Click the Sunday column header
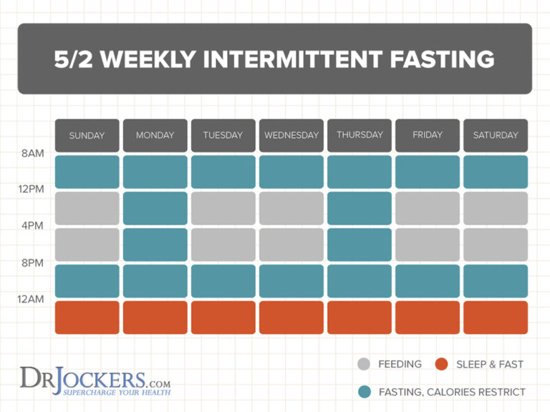click(x=87, y=136)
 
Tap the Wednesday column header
click(x=291, y=136)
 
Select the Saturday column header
click(x=496, y=136)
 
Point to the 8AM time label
click(x=33, y=154)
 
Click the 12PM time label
click(x=32, y=189)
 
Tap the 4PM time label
click(x=32, y=225)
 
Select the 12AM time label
click(x=31, y=299)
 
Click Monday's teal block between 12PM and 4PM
click(x=155, y=208)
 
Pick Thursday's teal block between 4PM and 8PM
click(x=360, y=245)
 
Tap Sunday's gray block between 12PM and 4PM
click(x=87, y=208)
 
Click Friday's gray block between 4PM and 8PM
click(x=428, y=245)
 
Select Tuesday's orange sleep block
click(x=223, y=318)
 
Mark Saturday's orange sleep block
click(x=496, y=318)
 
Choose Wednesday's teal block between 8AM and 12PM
click(x=291, y=172)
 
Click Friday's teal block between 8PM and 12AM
click(x=428, y=281)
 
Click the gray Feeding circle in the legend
click(x=364, y=364)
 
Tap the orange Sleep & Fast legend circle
click(x=441, y=364)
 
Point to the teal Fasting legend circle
click(x=365, y=392)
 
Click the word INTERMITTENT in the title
click(x=293, y=59)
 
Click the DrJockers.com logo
click(x=95, y=382)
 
